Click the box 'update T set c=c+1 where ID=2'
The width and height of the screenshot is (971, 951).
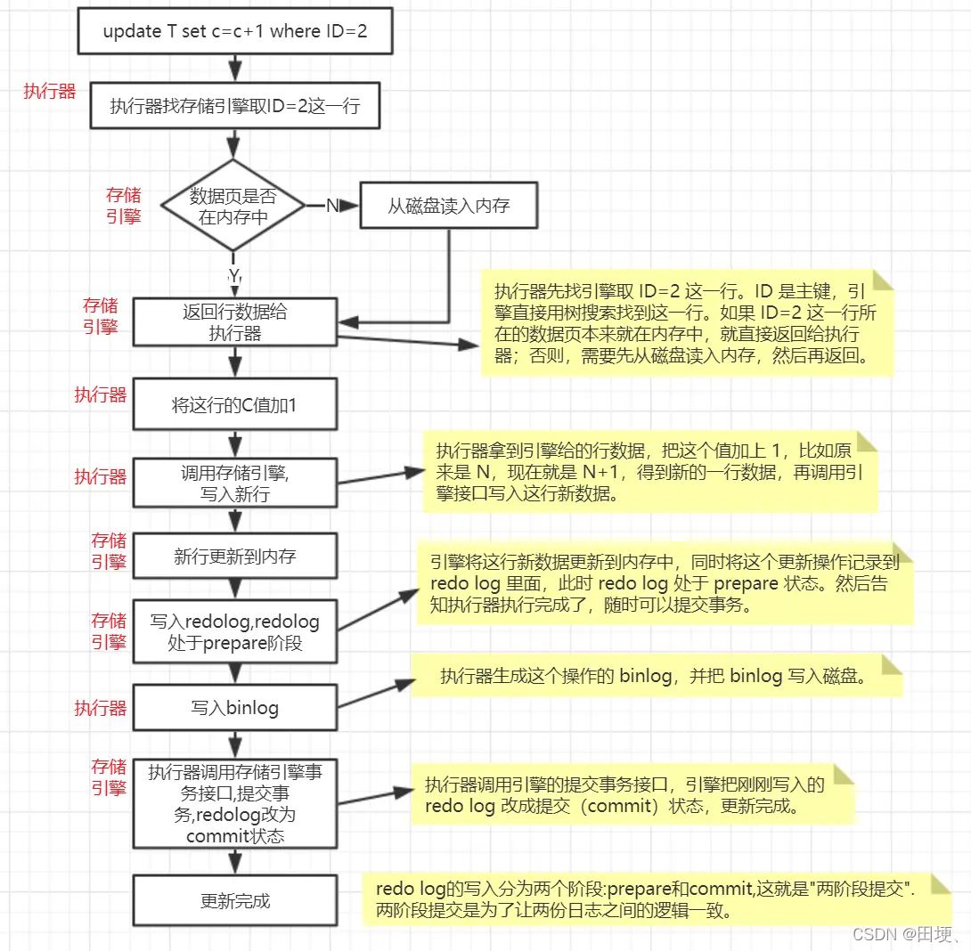pyautogui.click(x=235, y=32)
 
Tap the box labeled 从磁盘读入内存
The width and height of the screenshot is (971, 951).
pyautogui.click(x=448, y=207)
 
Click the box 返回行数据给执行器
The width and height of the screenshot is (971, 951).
pyautogui.click(x=235, y=322)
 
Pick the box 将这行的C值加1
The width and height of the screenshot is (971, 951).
pyautogui.click(x=235, y=406)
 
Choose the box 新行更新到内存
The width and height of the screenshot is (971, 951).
pyautogui.click(x=235, y=557)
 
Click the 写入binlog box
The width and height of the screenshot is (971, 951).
pyautogui.click(x=235, y=708)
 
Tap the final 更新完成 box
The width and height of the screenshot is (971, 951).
pyautogui.click(x=235, y=901)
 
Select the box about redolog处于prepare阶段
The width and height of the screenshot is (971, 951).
pyautogui.click(x=235, y=631)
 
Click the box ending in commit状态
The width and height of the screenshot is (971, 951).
pyautogui.click(x=235, y=803)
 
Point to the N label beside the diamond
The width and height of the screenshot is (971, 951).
pyautogui.click(x=331, y=207)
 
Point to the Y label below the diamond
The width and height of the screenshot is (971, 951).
pyautogui.click(x=234, y=277)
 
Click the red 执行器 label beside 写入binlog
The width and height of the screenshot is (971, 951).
pyautogui.click(x=100, y=709)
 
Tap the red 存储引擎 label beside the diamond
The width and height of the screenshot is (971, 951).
pyautogui.click(x=124, y=206)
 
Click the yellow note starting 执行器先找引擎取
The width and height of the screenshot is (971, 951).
pyautogui.click(x=686, y=323)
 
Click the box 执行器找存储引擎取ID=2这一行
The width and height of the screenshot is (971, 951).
pyautogui.click(x=235, y=107)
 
